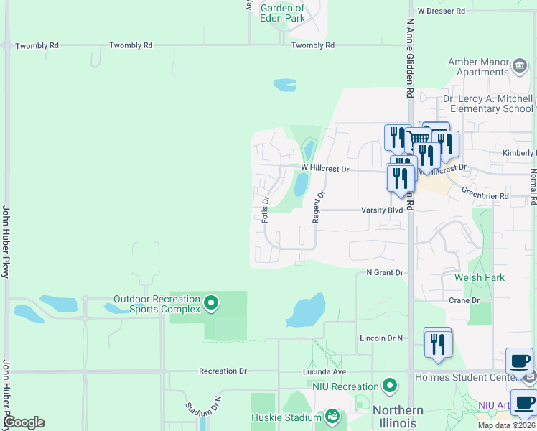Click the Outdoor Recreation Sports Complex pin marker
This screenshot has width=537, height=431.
click(x=210, y=304)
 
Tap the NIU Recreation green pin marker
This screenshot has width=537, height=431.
click(x=390, y=386)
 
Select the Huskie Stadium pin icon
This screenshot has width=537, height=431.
click(x=332, y=417)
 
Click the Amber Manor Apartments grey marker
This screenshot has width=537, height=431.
click(x=519, y=67)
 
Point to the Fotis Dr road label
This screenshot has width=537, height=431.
click(x=266, y=209)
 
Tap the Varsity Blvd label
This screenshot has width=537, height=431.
click(x=382, y=210)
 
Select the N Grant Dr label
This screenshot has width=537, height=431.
click(x=386, y=273)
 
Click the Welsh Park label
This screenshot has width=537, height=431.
click(x=479, y=277)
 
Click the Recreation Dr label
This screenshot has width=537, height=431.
click(x=223, y=371)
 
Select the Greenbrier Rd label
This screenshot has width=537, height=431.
click(x=485, y=195)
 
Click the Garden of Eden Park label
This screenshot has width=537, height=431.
click(x=282, y=13)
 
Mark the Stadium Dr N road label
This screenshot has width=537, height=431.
click(x=204, y=407)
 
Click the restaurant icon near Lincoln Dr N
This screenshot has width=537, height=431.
click(x=437, y=343)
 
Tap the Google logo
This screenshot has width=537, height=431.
click(x=24, y=422)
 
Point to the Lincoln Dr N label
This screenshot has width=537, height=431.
click(x=380, y=338)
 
